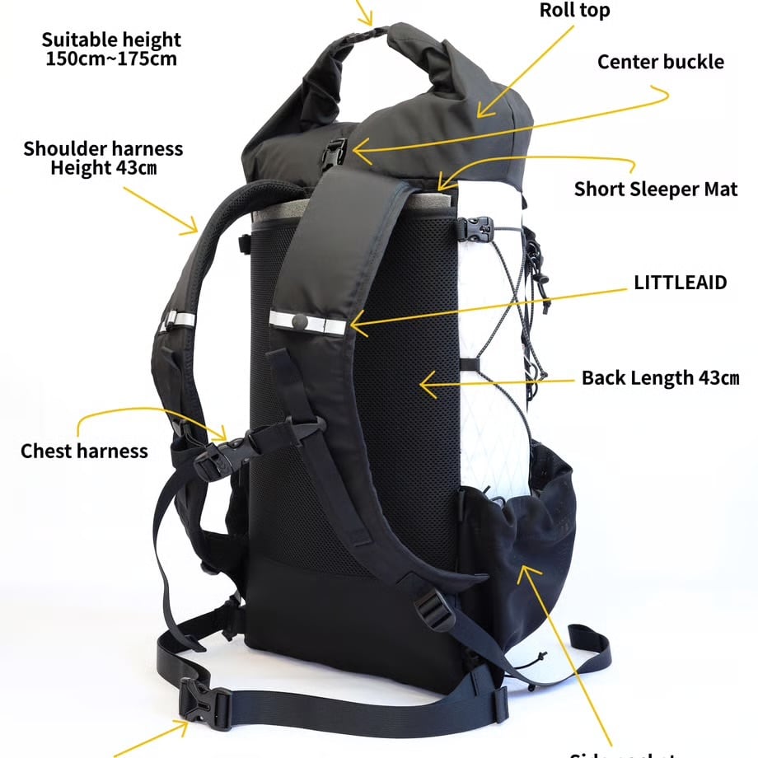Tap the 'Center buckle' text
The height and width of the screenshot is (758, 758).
pos(661,62)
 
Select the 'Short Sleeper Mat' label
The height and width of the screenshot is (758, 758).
pos(656,189)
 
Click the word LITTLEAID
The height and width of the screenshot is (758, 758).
pos(680,283)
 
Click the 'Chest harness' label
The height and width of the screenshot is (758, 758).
pos(84,451)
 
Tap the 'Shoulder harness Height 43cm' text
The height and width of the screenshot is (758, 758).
pos(103,158)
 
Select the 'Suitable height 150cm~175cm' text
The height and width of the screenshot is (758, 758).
pos(111,49)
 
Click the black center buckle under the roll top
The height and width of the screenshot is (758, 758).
pos(335,155)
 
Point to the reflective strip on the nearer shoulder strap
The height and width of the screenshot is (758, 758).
pos(307,322)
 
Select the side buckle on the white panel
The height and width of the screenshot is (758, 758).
pos(479,227)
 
